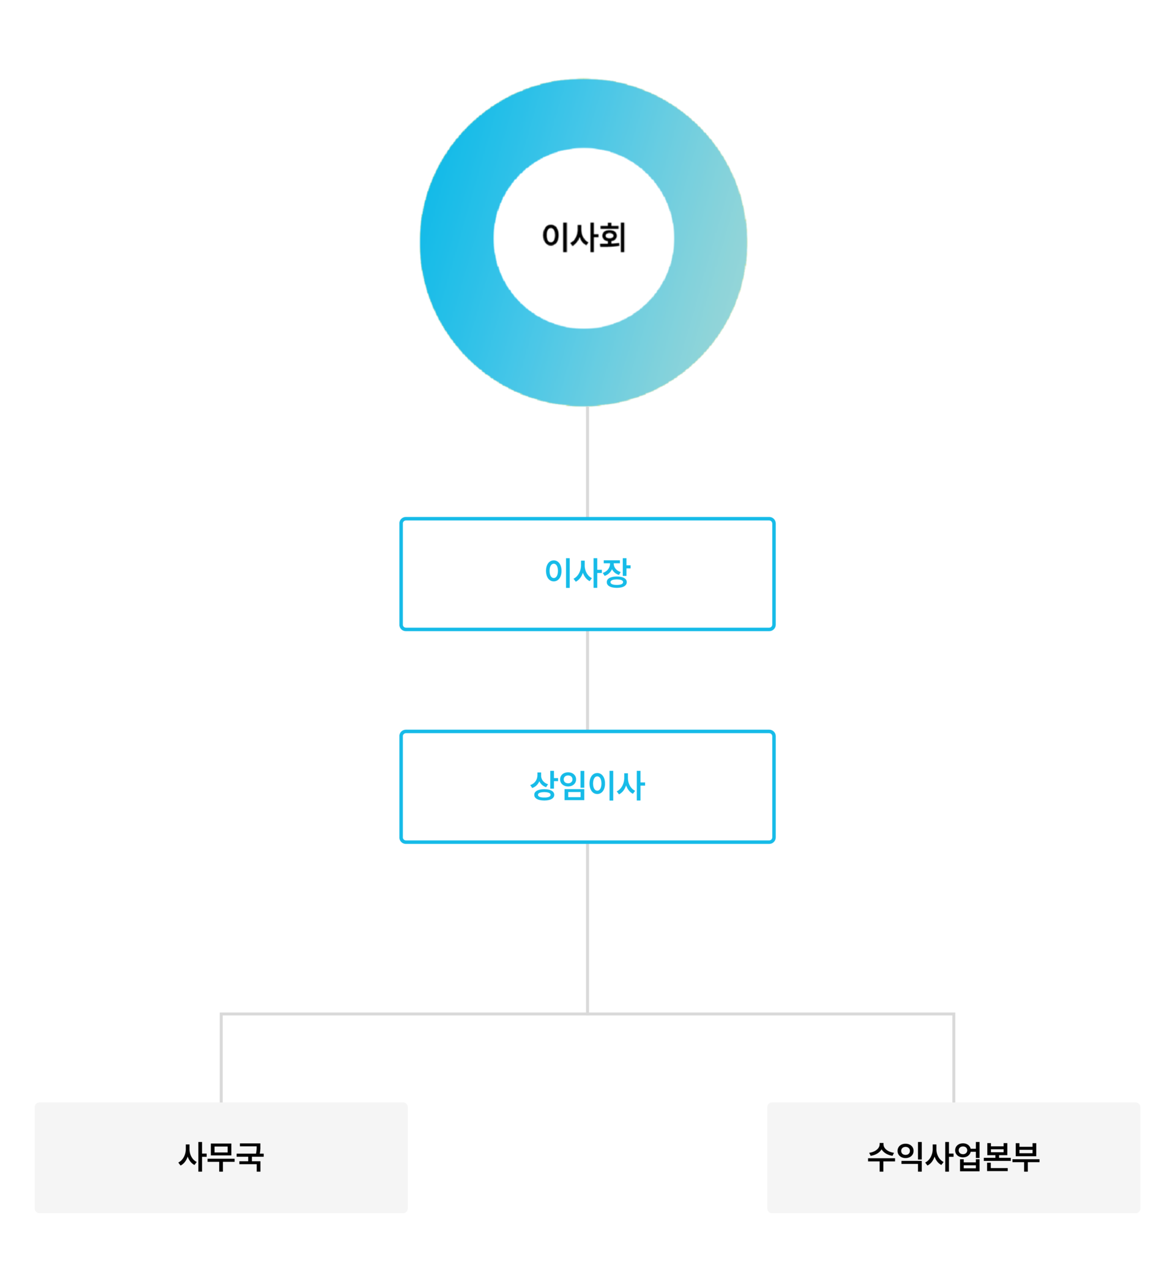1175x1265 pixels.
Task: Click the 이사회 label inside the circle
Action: (x=584, y=238)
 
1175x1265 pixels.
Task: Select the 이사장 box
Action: (x=587, y=574)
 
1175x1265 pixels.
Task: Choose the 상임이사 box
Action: (x=587, y=787)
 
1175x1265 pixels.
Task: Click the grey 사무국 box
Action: (x=221, y=1157)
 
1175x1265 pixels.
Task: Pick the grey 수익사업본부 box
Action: (x=953, y=1157)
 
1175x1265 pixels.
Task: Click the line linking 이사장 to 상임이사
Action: (x=587, y=680)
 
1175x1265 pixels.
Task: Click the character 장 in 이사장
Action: (x=616, y=573)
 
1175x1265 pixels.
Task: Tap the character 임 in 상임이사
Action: (x=573, y=786)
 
